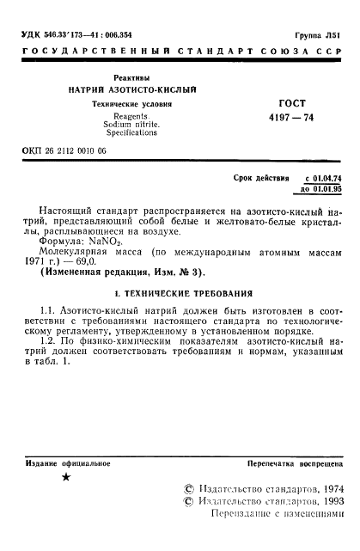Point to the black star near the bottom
click(x=67, y=477)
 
